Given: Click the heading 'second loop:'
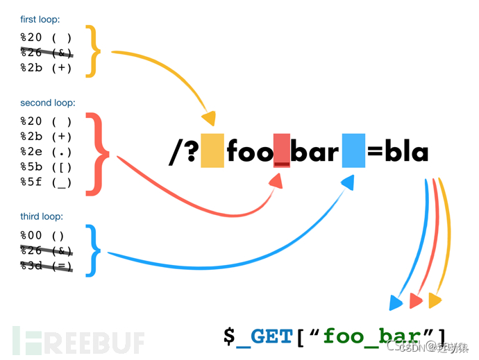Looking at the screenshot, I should coord(47,103).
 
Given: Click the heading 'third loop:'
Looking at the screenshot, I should coord(42,217).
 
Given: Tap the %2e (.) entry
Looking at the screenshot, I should coord(46,152).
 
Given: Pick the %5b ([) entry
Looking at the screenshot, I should coord(46,167).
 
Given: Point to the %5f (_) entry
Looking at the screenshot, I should coord(46,183).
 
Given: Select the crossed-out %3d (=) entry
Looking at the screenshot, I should coord(46,266).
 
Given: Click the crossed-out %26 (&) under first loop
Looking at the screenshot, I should coord(46,53).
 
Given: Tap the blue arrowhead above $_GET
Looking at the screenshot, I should coord(396,303).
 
